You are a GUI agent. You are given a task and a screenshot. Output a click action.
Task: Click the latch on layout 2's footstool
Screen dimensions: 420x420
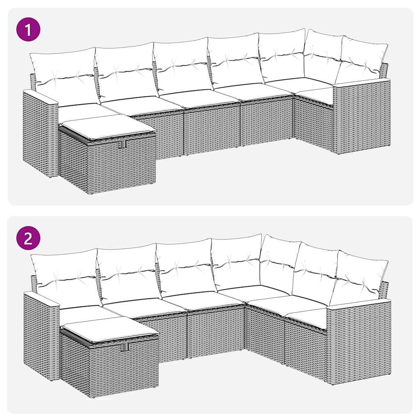pos(126,347)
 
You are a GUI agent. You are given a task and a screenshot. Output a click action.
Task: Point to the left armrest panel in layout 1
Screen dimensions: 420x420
pos(40,131)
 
